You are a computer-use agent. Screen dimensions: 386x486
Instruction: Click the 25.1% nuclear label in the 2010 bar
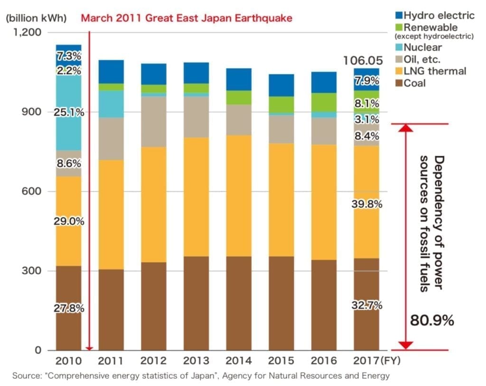click(69, 113)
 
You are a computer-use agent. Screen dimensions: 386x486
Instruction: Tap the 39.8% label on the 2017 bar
click(367, 204)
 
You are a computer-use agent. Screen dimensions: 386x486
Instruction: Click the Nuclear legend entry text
click(422, 47)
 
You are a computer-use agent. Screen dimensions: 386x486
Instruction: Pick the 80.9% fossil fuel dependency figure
click(432, 321)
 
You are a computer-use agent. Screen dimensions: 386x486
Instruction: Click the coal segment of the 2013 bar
click(196, 303)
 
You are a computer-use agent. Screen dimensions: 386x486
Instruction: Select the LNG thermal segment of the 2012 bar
click(153, 204)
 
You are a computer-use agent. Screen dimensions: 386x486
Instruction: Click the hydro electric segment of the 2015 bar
click(281, 85)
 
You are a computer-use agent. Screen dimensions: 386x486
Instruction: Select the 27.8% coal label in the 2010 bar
click(69, 308)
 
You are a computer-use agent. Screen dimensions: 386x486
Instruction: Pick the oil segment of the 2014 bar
click(239, 119)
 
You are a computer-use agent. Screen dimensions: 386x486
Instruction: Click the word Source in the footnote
click(26, 376)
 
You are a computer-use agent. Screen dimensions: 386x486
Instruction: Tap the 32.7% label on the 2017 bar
click(367, 305)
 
